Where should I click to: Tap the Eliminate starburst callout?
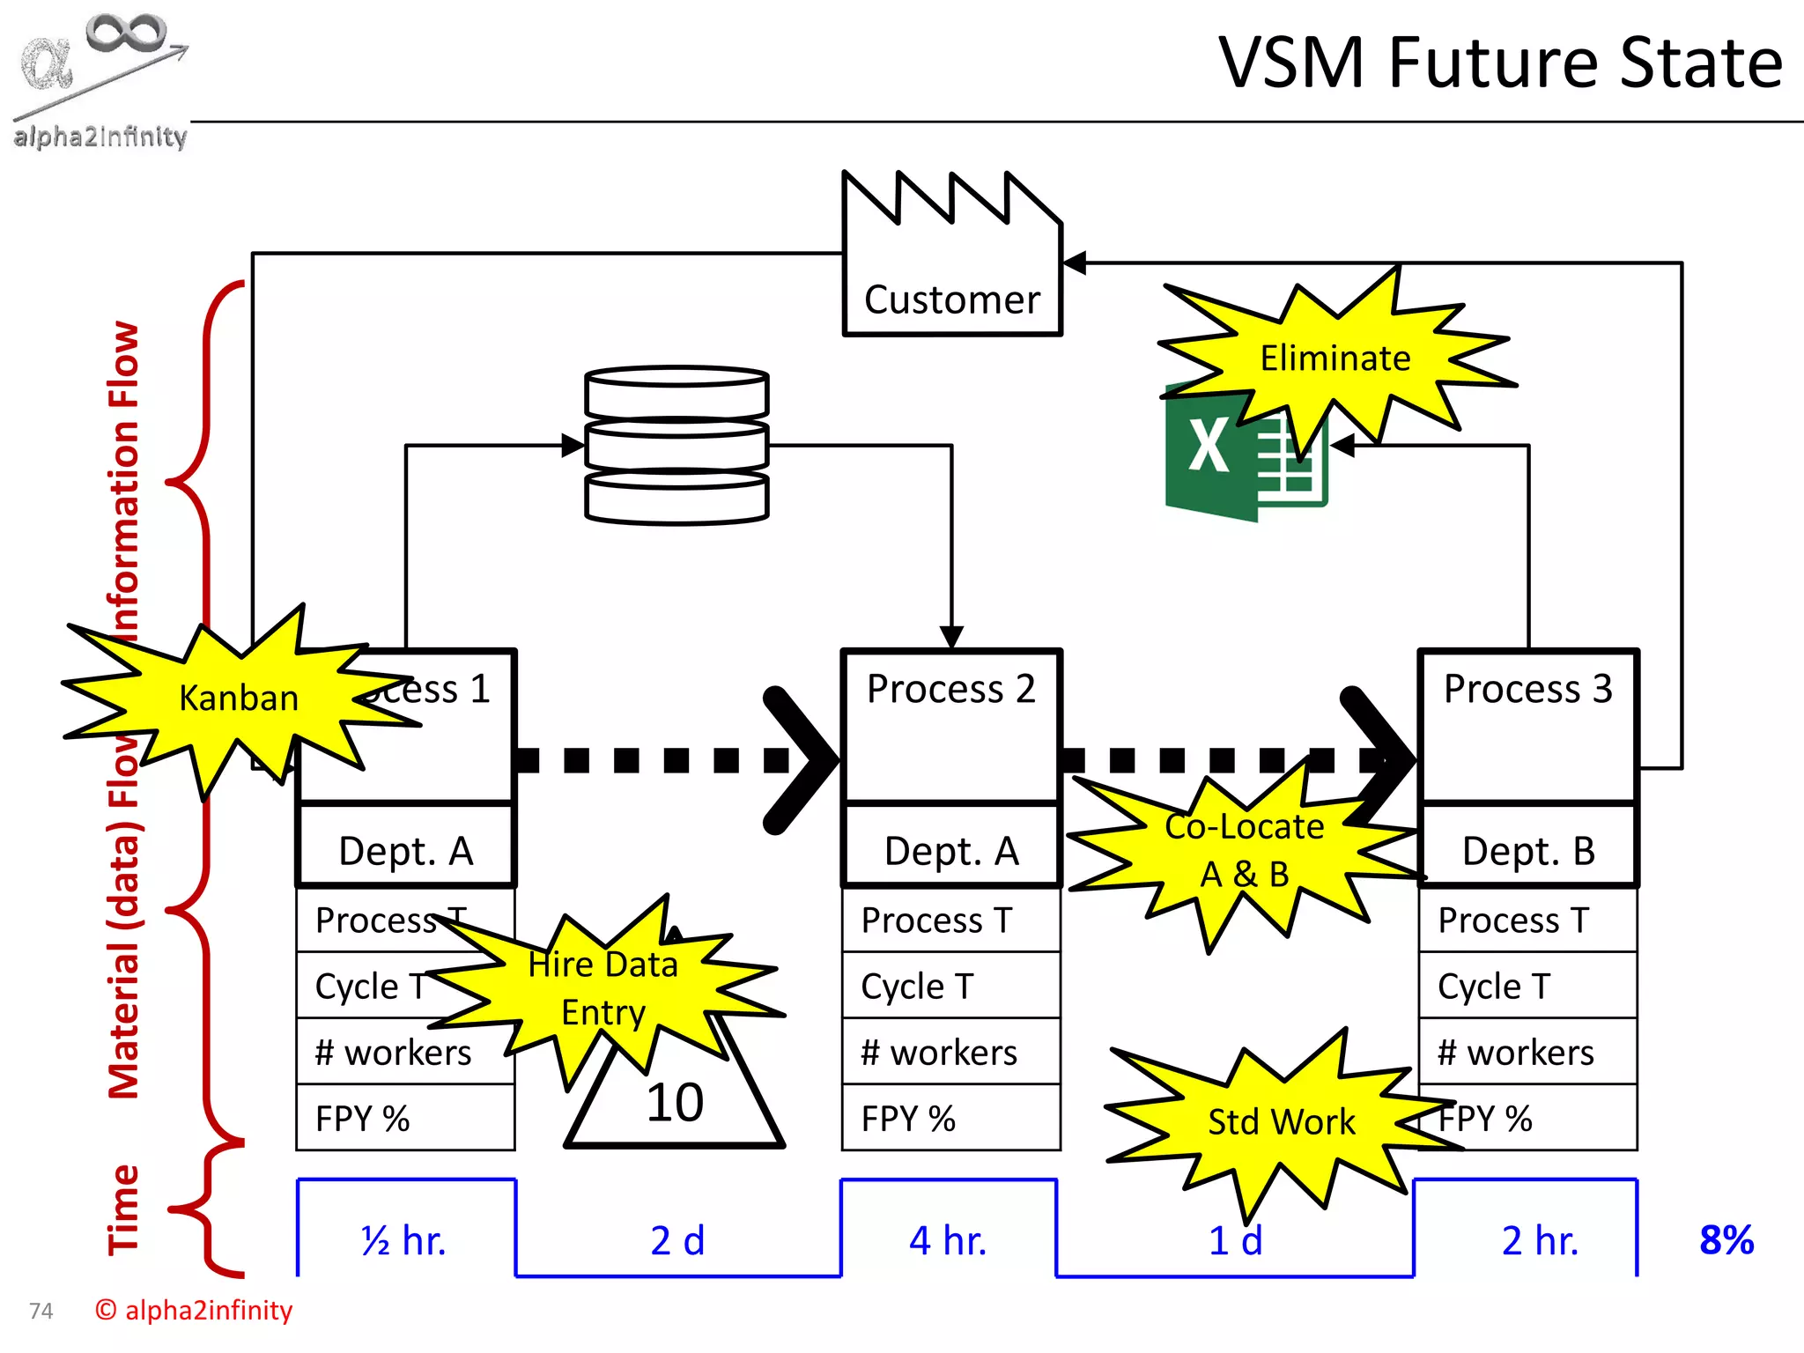(1335, 358)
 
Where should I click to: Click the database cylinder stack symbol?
(676, 446)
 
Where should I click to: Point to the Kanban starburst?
(239, 698)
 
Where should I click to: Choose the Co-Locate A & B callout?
(1244, 850)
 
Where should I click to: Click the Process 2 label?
(951, 689)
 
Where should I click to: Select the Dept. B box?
(1528, 849)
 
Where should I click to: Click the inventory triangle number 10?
(675, 1103)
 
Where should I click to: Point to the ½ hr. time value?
(404, 1240)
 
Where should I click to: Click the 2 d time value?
(677, 1240)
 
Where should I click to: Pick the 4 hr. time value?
(948, 1240)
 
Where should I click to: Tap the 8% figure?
(1726, 1240)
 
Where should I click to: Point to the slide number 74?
(41, 1312)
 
